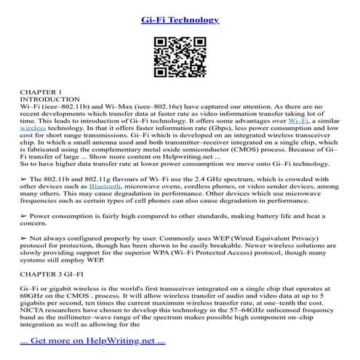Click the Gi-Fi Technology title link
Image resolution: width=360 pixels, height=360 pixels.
pyautogui.click(x=180, y=20)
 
